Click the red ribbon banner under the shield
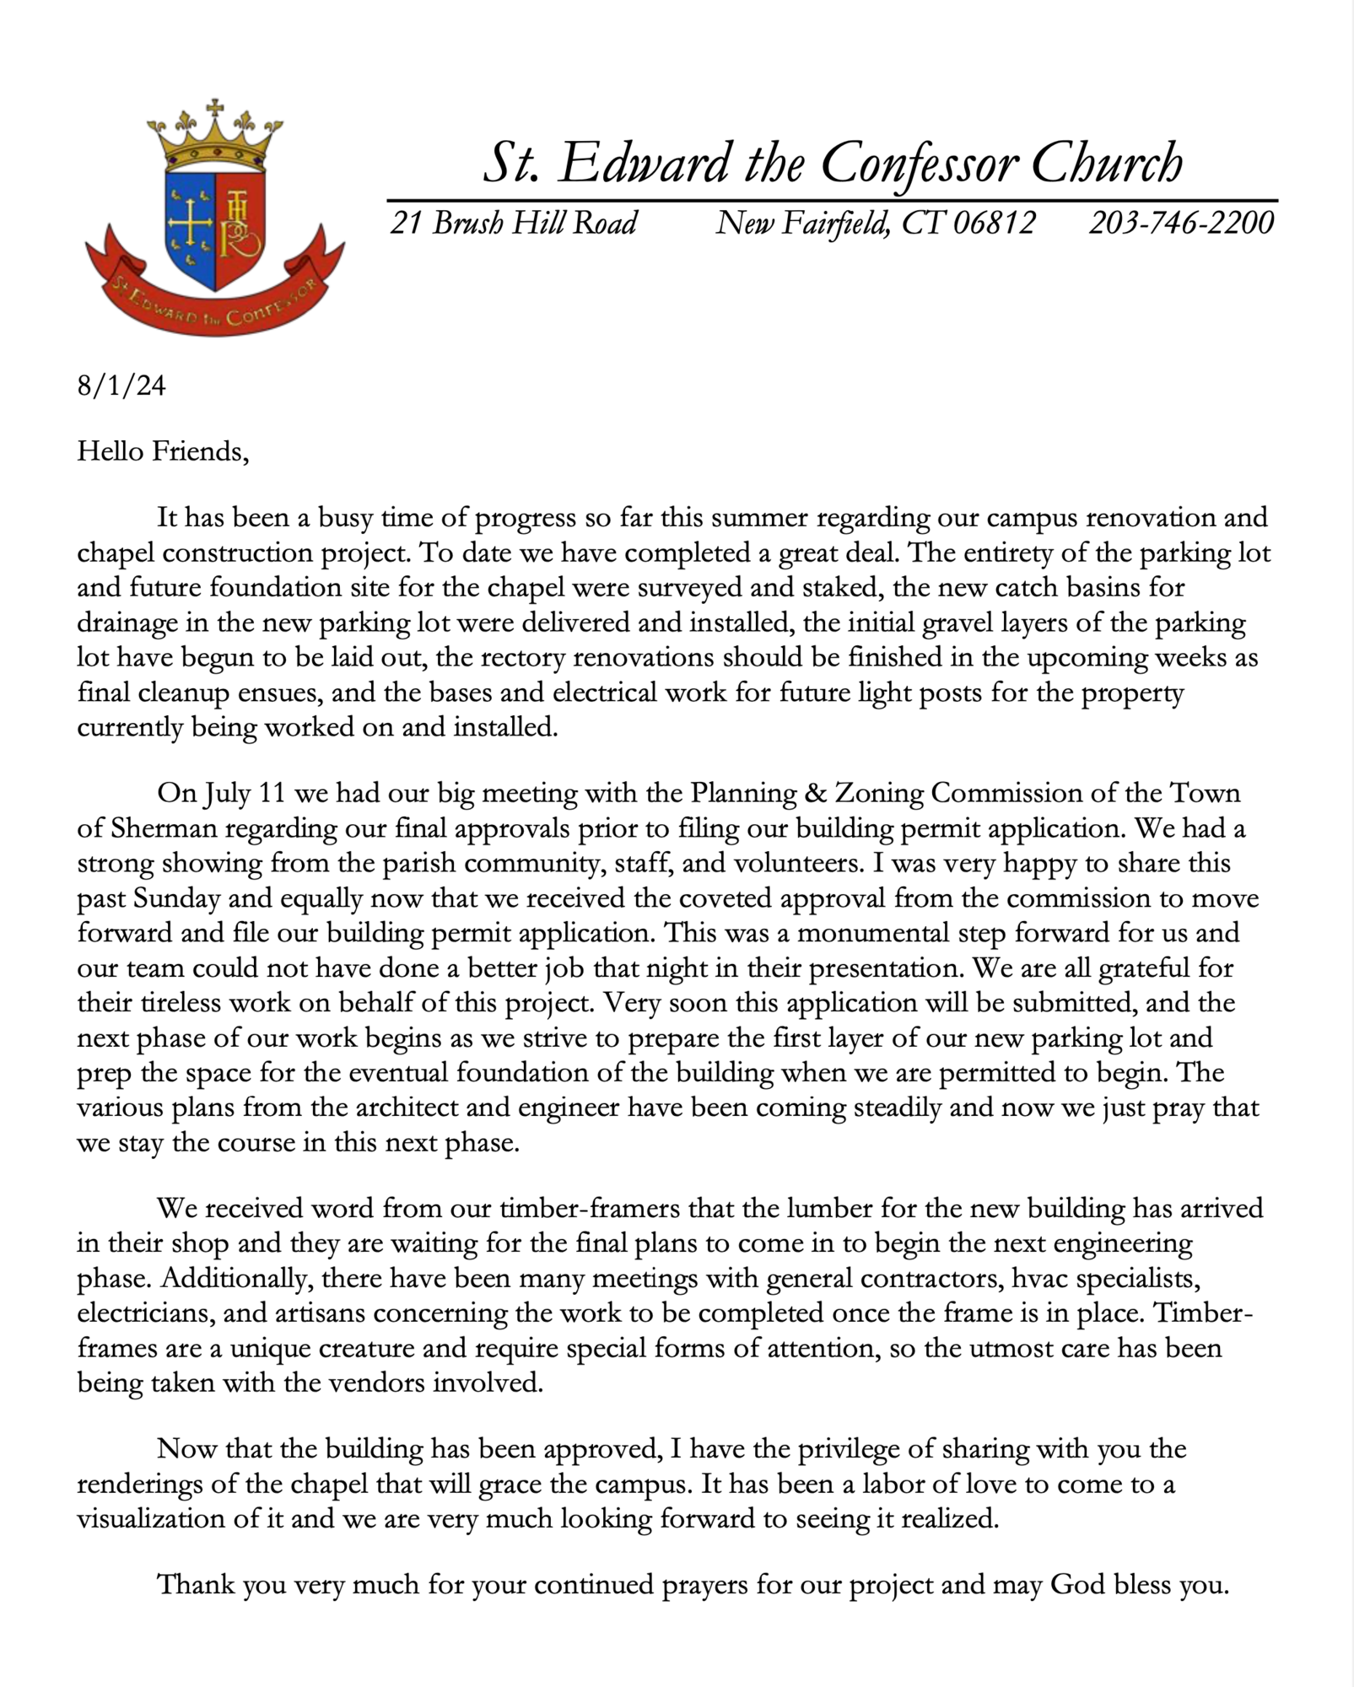point(214,305)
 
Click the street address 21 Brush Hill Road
point(513,224)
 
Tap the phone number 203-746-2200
point(1181,224)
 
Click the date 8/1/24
point(121,386)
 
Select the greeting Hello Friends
point(163,452)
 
